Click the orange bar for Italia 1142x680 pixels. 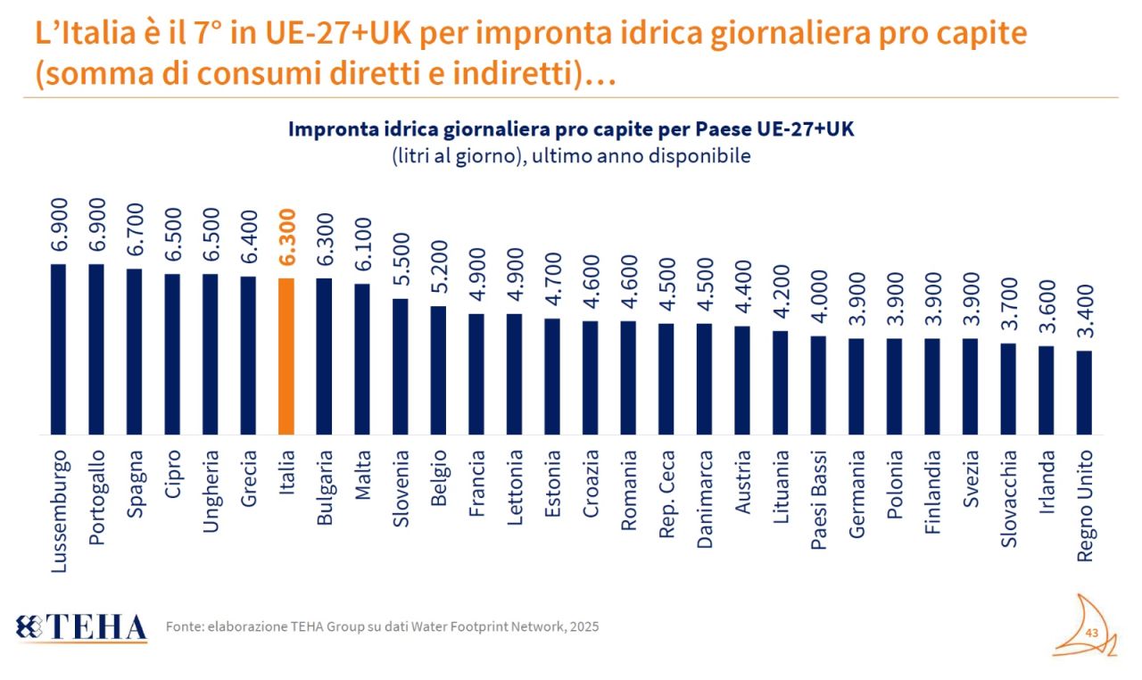click(286, 356)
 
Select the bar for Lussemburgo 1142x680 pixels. click(59, 349)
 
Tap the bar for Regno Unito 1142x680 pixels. click(1084, 392)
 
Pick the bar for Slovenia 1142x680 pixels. click(401, 366)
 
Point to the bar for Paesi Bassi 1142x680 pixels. click(818, 385)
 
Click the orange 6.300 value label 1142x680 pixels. click(286, 237)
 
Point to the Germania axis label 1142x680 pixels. click(856, 491)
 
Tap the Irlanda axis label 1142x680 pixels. click(1047, 481)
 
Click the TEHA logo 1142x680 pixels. click(81, 627)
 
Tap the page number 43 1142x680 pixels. click(1091, 633)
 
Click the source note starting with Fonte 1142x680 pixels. click(382, 626)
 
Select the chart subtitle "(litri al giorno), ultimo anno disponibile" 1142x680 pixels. click(571, 155)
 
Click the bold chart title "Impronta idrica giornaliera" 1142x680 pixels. click(571, 129)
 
